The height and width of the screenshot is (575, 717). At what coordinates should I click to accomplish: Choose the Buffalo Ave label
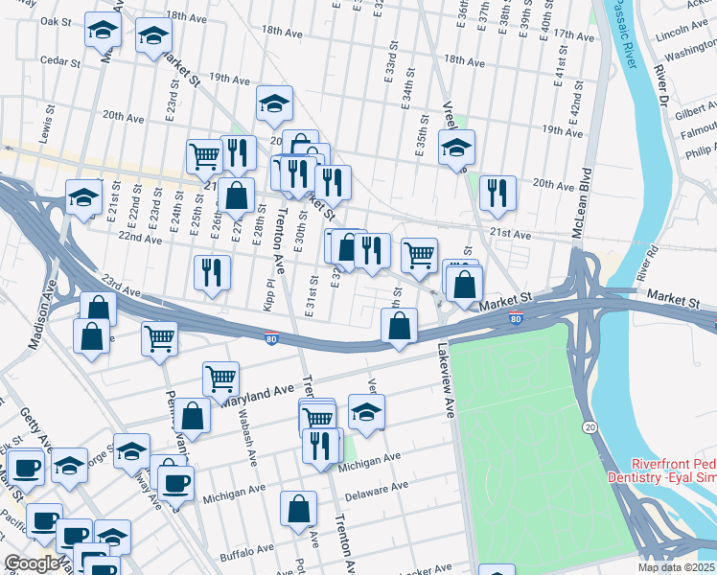[246, 552]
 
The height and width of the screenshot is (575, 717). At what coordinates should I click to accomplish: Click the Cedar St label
[59, 59]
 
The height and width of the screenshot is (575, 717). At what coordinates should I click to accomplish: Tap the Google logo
[33, 563]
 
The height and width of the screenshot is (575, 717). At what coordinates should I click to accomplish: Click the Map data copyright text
[677, 567]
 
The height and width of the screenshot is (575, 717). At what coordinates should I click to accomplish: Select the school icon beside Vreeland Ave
[457, 148]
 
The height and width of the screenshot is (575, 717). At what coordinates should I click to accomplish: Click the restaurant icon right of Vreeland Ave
[497, 192]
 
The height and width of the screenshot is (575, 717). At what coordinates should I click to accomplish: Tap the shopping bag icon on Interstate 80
[399, 326]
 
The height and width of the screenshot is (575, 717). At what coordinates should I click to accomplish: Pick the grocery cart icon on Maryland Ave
[220, 378]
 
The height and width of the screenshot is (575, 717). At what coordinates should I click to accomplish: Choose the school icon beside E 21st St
[83, 198]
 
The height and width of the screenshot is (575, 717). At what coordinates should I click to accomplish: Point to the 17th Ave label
[574, 34]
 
